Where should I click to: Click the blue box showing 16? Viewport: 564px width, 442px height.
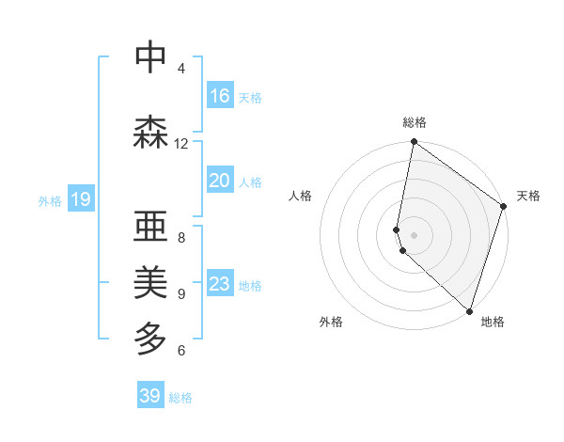coord(220,96)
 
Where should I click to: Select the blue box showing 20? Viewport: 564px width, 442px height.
coord(220,181)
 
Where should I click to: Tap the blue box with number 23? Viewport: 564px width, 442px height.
coord(220,284)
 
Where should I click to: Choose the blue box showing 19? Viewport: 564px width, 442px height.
coord(81,198)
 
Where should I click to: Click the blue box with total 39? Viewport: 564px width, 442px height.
coord(150,396)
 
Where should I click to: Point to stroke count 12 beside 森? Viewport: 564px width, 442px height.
coord(181,144)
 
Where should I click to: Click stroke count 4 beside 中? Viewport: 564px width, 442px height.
coord(181,69)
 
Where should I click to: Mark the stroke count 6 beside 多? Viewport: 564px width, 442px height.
coord(181,351)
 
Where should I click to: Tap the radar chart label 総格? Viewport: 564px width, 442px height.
coord(415,122)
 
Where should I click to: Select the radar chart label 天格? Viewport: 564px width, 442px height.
coord(528,196)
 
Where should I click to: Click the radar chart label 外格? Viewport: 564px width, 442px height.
coord(331,322)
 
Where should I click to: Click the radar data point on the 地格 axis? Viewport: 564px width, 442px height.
coord(469,310)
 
